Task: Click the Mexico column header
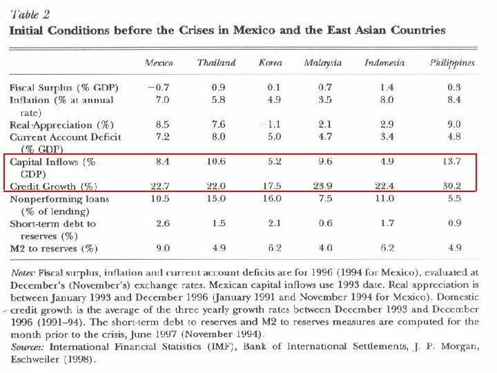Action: tap(158, 63)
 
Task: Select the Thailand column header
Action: tap(215, 63)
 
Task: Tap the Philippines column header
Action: tap(451, 63)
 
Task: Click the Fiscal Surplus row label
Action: tap(64, 88)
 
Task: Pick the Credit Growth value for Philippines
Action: tap(451, 186)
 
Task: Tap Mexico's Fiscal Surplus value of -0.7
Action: tap(159, 88)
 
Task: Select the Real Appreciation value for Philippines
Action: tap(452, 125)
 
